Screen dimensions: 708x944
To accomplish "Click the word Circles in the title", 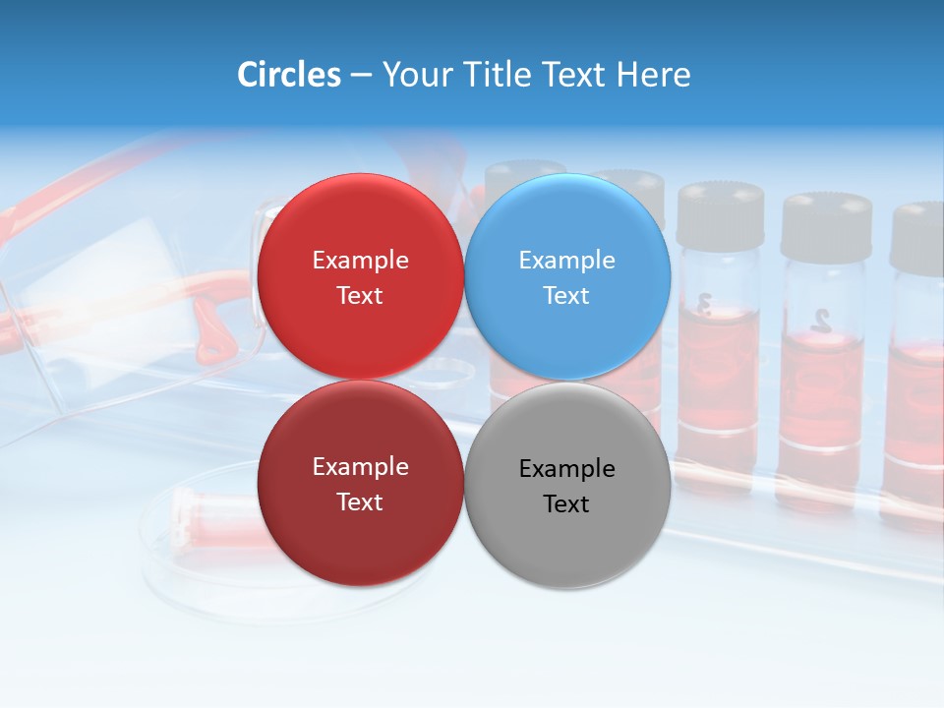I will pos(289,75).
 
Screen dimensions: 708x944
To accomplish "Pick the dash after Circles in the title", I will pos(361,76).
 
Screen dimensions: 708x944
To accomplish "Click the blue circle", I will pos(567,226).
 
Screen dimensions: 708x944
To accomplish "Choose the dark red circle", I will pos(360,531).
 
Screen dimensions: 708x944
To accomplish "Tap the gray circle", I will pos(567,531).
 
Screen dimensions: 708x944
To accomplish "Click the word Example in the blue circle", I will pos(567,260).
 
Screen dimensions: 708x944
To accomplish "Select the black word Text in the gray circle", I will pos(566,503).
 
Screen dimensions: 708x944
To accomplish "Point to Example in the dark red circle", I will pos(360,467).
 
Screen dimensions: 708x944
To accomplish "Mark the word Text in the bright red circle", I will pos(360,295).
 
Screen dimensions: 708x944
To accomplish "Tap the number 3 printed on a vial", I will pos(704,305).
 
